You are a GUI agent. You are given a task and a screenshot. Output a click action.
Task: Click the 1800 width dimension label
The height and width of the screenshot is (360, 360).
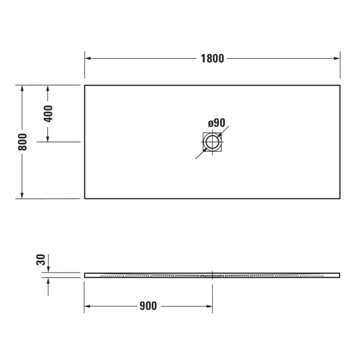click(x=212, y=58)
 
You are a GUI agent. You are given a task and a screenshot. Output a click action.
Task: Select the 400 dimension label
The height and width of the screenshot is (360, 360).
click(x=48, y=114)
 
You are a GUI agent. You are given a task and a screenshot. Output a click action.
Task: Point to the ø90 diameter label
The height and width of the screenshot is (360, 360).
click(x=217, y=123)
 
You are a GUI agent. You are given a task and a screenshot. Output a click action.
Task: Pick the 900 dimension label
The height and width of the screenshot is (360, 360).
click(x=148, y=307)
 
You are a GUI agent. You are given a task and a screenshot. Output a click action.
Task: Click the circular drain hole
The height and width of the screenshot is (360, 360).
click(x=212, y=142)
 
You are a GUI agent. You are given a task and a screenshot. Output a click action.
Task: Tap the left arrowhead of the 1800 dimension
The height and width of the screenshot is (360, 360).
click(x=88, y=58)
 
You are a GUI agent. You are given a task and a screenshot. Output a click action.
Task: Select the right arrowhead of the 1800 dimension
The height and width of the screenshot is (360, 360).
click(x=337, y=58)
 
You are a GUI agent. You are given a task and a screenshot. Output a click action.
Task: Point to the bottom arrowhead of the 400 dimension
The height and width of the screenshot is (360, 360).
click(x=48, y=138)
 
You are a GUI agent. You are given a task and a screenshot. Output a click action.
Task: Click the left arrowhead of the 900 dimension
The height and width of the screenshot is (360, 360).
click(x=87, y=307)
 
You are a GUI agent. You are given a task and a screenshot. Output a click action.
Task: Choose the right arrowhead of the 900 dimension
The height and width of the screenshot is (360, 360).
click(x=209, y=307)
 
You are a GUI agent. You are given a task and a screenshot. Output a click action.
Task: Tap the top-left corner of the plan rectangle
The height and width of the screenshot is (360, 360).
click(x=85, y=85)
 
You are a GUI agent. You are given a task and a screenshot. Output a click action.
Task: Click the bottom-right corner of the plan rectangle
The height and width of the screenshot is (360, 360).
click(x=340, y=199)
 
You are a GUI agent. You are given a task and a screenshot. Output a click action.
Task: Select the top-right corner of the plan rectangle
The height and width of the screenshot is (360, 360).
click(x=340, y=85)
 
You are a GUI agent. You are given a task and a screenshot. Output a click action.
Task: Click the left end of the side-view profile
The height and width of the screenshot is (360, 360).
click(x=85, y=275)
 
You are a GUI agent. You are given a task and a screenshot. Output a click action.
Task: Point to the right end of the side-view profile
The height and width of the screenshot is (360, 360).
click(x=339, y=274)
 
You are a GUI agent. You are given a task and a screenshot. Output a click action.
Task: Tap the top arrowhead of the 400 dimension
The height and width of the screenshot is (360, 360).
click(x=48, y=88)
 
